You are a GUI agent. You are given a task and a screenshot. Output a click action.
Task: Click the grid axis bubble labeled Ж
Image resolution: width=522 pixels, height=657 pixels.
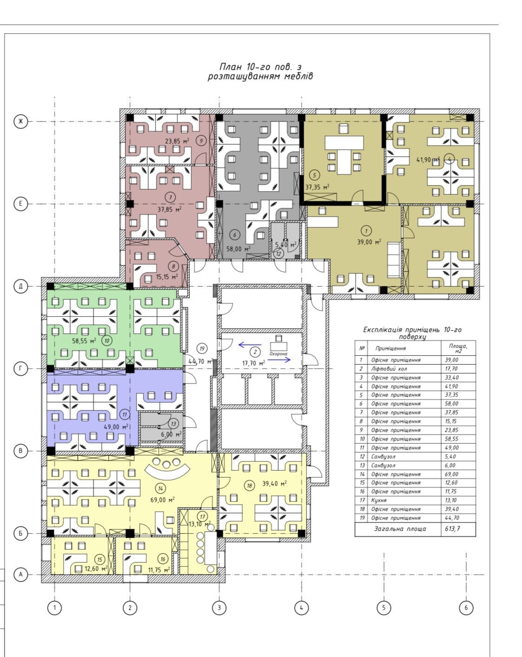coord(20,121)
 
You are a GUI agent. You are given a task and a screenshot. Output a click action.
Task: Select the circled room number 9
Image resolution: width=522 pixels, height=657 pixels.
coord(201,141)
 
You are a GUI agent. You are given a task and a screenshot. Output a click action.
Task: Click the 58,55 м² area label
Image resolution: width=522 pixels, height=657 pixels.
coord(84,341)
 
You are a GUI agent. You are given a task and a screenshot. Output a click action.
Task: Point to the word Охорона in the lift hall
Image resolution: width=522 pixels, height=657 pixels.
coord(278,354)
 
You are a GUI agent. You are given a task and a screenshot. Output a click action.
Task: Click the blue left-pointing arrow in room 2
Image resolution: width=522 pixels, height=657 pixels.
coord(249,345)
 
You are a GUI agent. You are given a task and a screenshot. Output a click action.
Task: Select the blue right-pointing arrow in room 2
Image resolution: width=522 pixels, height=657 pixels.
coord(279,360)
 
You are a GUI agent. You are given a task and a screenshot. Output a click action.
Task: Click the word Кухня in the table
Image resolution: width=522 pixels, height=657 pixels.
coord(378,500)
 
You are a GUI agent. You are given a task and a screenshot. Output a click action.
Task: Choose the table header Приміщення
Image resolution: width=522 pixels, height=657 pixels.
coord(391,348)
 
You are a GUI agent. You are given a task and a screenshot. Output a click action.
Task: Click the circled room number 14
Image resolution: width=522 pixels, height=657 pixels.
coord(161,488)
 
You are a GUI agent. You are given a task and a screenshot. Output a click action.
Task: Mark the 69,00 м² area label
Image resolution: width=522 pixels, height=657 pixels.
coord(163,499)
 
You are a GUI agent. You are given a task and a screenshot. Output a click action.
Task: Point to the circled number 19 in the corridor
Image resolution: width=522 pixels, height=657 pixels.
coord(202,348)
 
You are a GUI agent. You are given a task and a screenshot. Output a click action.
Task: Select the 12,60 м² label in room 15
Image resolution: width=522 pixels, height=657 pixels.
coord(96,569)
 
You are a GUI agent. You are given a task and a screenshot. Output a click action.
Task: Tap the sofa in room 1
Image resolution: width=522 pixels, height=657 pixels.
coord(394,260)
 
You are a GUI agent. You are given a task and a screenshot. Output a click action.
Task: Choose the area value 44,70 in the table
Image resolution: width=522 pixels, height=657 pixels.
coord(451,518)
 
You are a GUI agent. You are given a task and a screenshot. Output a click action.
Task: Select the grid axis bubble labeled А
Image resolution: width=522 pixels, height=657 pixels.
coord(20,574)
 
